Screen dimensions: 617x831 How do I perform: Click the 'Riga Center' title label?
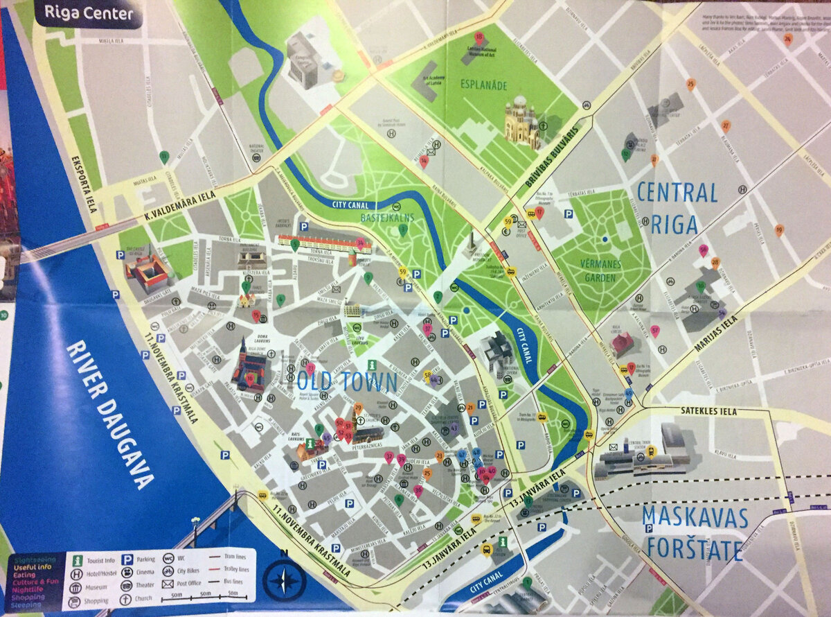click(88, 12)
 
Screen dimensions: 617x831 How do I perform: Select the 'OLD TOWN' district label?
click(347, 382)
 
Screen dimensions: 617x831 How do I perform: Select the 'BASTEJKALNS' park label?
click(386, 218)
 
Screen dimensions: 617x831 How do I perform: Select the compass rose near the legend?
click(284, 580)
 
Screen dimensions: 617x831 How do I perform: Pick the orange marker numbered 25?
click(690, 85)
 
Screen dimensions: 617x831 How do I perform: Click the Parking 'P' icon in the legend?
click(127, 559)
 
